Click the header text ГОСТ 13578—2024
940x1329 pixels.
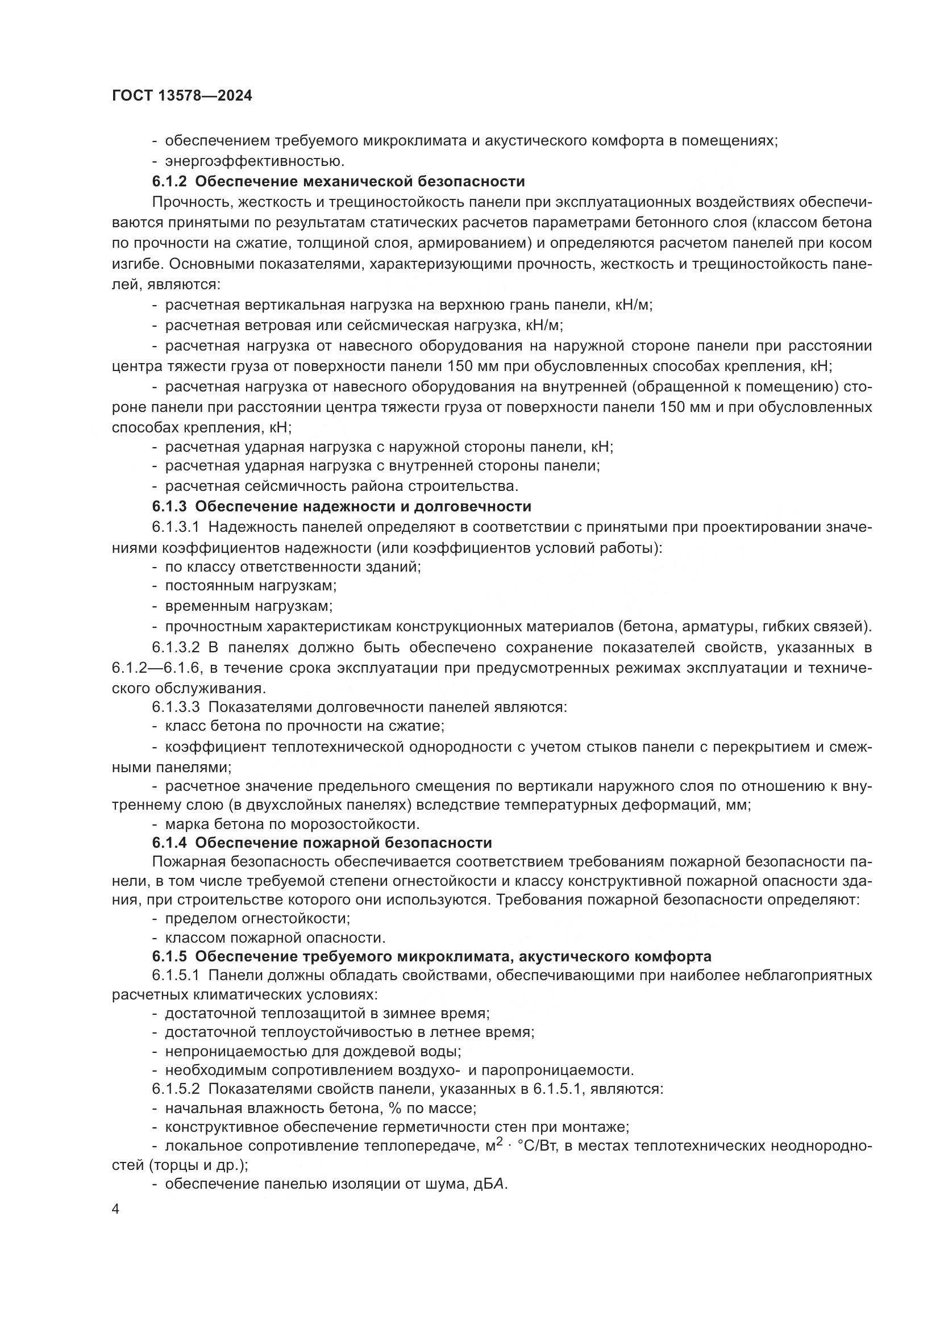coord(182,96)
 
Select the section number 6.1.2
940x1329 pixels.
coord(169,182)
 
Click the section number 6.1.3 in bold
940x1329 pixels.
coord(169,506)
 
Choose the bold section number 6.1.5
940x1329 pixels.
coord(169,956)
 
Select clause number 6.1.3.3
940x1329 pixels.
coord(176,707)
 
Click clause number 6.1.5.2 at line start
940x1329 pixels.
coord(176,1089)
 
